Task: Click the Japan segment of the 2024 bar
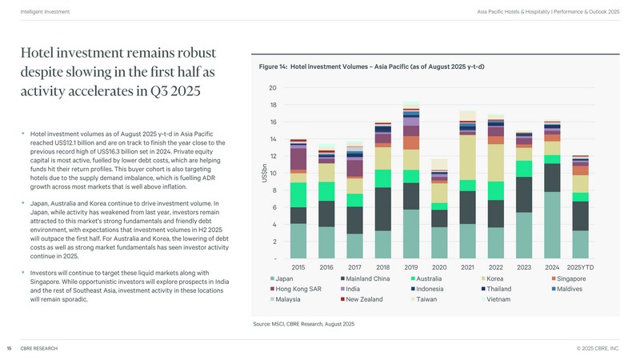point(552,225)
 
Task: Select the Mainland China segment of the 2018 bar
point(382,209)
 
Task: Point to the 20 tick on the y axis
point(273,88)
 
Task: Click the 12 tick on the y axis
point(273,156)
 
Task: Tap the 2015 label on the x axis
point(298,266)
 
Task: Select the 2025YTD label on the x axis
point(581,266)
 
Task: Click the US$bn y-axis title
point(265,173)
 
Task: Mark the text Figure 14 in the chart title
point(272,66)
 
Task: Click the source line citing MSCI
point(303,323)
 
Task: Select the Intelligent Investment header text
point(44,12)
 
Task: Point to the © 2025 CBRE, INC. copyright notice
point(598,348)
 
